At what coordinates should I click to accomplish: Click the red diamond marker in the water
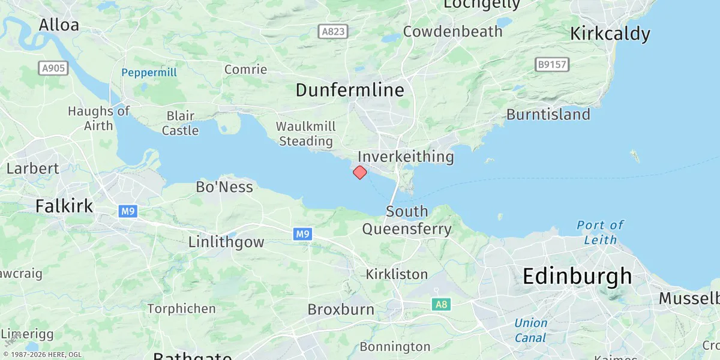coord(359,173)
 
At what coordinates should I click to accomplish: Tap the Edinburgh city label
coord(577,277)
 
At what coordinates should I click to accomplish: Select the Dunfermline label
coord(349,91)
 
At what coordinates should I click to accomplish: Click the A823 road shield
coord(332,31)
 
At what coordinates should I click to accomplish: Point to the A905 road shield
coord(54,68)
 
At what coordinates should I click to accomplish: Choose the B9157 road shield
coord(552,64)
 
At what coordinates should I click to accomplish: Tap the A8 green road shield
coord(441,305)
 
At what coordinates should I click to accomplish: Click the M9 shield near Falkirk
coord(127,211)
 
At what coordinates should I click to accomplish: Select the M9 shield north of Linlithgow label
coord(302,235)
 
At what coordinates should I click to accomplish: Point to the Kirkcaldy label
coord(610,34)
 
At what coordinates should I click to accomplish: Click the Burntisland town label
coord(548,115)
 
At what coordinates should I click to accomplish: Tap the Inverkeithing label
coord(406,157)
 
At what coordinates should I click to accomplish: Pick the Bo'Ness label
coord(224,187)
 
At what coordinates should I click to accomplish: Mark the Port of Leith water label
coord(600,233)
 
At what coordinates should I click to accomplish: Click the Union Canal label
coord(530,330)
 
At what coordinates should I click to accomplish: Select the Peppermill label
coord(149,73)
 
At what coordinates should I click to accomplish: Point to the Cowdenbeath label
coord(452,32)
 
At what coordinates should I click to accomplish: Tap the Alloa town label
coord(59,25)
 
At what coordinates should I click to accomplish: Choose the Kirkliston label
coord(397,274)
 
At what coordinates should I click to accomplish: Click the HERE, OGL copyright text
coord(42,355)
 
